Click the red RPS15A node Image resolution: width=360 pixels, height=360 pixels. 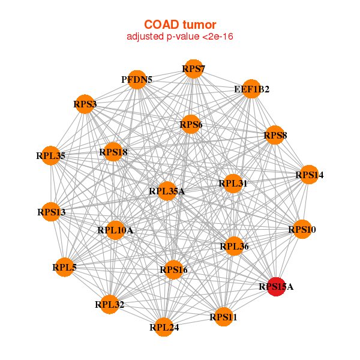point(276,287)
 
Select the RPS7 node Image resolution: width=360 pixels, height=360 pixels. point(194,69)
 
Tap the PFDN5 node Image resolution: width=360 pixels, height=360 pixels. point(137,80)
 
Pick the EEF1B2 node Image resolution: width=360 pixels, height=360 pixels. point(251,89)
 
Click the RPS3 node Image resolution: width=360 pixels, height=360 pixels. point(85,104)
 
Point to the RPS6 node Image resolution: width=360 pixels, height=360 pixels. point(191,124)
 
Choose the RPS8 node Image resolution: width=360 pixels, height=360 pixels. point(275,135)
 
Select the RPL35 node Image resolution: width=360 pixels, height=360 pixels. point(51,155)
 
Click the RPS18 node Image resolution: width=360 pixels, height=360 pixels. point(113,152)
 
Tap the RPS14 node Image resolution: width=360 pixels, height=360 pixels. point(309,175)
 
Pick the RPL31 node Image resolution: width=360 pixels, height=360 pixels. point(233,184)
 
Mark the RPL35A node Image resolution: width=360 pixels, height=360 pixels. point(167,191)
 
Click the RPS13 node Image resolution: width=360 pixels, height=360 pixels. point(51,212)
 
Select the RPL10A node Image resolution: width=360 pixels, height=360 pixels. point(115,230)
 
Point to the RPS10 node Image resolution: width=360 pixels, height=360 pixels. point(302,229)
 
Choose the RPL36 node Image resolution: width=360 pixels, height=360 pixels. point(234,246)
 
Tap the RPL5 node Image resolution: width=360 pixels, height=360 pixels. point(65,267)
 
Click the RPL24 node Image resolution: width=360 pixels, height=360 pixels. point(164,327)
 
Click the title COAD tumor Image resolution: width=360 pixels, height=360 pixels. point(180,25)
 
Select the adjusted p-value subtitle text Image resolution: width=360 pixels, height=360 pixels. point(180,37)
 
